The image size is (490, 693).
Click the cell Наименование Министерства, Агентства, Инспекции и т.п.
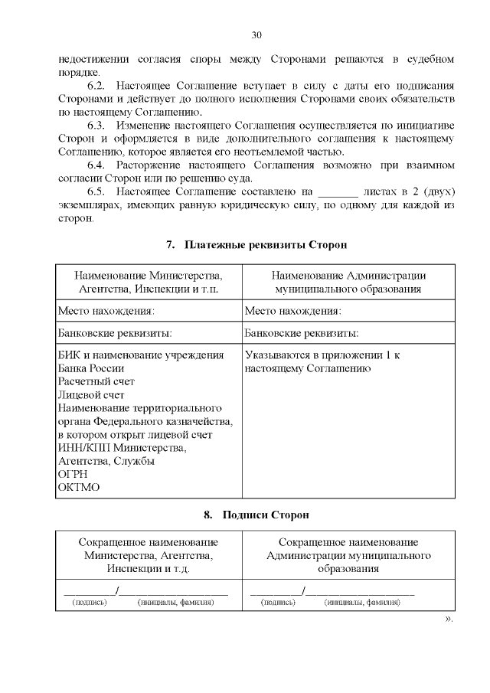pyautogui.click(x=149, y=283)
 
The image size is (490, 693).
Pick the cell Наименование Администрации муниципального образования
pyautogui.click(x=348, y=283)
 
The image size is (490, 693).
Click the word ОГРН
pyautogui.click(x=73, y=474)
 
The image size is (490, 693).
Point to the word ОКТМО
pyautogui.click(x=79, y=487)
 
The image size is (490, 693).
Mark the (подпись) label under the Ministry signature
pyautogui.click(x=90, y=602)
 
